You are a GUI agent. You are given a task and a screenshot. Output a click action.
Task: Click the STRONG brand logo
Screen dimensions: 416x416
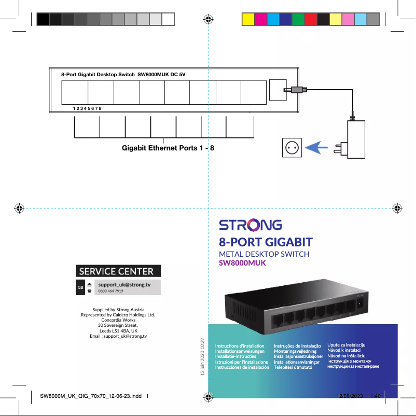(x=250, y=226)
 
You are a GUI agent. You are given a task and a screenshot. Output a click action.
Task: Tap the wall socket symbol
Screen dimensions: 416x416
(x=292, y=148)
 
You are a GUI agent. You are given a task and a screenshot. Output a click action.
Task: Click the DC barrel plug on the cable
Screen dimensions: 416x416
(x=297, y=90)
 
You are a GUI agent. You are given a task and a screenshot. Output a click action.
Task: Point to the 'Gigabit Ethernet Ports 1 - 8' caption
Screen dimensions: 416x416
(x=168, y=148)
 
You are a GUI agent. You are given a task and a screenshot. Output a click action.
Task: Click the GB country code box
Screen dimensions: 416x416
(x=80, y=287)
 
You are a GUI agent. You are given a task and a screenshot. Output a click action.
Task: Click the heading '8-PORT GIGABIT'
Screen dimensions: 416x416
(x=266, y=242)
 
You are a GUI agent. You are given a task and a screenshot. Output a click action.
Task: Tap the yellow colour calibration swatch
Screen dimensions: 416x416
(x=248, y=19)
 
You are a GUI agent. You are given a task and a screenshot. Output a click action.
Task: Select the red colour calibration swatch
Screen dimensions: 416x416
(x=310, y=19)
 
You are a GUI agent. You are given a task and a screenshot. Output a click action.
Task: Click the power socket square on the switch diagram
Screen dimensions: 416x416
(x=278, y=90)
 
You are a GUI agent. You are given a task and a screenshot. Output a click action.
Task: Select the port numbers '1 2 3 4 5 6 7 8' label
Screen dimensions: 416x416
(x=87, y=108)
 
